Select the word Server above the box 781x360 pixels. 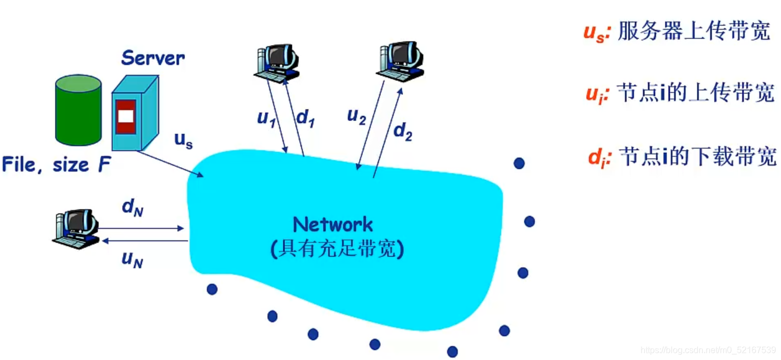point(152,58)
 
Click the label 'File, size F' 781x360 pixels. point(56,164)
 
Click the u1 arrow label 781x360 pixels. point(266,118)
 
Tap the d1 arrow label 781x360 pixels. point(304,118)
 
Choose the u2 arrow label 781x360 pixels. point(356,116)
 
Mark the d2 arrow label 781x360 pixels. point(403,132)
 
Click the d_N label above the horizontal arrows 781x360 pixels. point(132,208)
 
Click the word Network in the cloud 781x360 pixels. point(333,225)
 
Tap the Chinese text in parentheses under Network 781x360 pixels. point(337,249)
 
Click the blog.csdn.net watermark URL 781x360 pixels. point(708,350)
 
